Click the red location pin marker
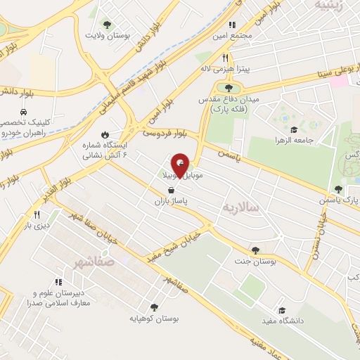[x=181, y=166]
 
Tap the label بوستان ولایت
[x=105, y=34]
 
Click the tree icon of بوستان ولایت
[x=107, y=23]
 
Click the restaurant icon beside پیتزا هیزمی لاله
[x=224, y=58]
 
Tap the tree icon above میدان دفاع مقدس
[x=229, y=88]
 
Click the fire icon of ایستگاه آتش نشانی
[x=105, y=134]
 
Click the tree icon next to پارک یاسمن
[x=339, y=189]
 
